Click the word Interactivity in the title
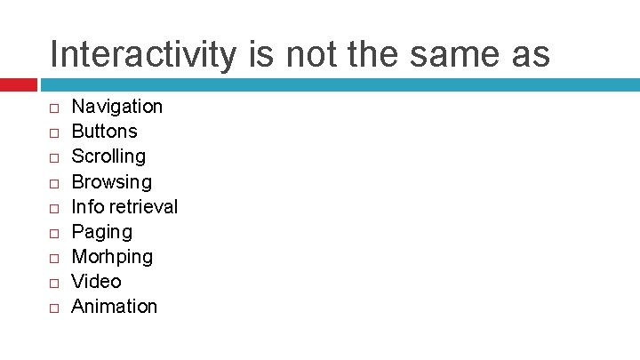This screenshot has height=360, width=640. point(143,55)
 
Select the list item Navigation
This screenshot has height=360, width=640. point(116,107)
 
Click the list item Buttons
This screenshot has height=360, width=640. point(104,132)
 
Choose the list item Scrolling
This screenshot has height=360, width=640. point(108,156)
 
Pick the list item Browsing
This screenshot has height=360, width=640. point(111,182)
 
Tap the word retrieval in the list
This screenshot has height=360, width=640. point(143,207)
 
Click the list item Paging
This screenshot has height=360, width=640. point(101,232)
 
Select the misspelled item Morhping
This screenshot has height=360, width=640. point(111,257)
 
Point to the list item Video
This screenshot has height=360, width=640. point(96,282)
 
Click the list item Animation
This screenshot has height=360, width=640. point(114,307)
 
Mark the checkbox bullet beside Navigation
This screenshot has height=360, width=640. point(53,108)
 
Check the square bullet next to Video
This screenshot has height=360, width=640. point(53,283)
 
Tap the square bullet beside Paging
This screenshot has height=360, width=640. point(53,233)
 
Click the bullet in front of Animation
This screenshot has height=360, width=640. point(53,308)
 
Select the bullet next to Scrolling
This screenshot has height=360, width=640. point(53,157)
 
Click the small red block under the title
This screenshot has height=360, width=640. point(18,84)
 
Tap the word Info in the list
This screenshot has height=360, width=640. point(87,207)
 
